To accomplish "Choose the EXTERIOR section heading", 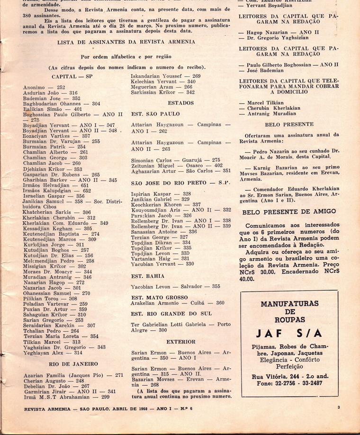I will pyautogui.click(x=180, y=342).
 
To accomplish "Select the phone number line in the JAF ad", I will pyautogui.click(x=288, y=383).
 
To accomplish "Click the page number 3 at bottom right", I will pyautogui.click(x=339, y=407).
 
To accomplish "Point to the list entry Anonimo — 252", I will pyautogui.click(x=44, y=88).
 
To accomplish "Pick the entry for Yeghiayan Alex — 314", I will pyautogui.click(x=53, y=353).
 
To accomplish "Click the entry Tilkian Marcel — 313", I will pyautogui.click(x=52, y=342).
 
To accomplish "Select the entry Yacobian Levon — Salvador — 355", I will pyautogui.click(x=176, y=286).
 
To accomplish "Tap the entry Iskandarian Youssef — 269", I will pyautogui.click(x=166, y=76).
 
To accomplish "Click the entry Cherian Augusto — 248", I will pyautogui.click(x=54, y=381).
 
